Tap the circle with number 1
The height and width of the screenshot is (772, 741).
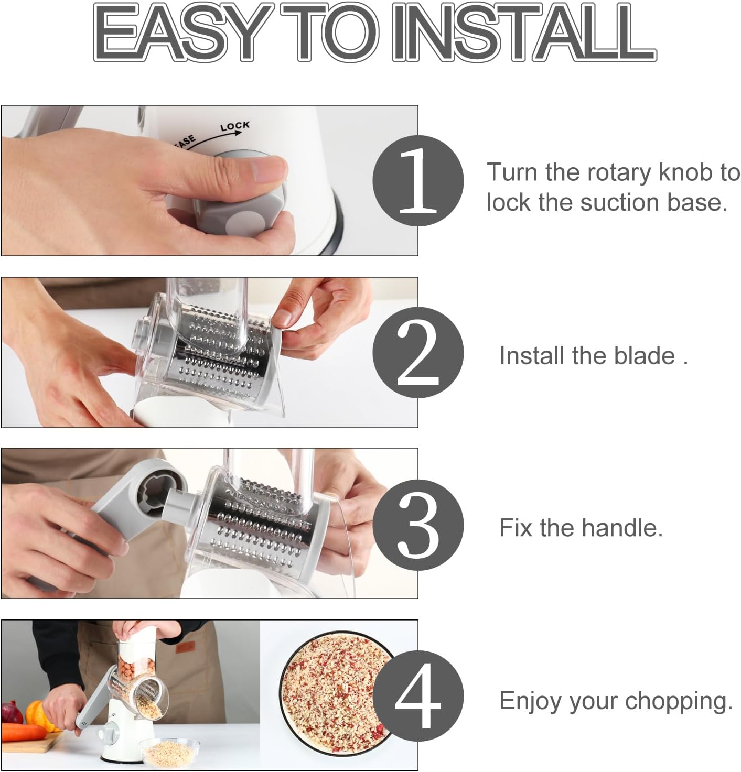click(418, 180)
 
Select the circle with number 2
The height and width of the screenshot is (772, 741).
click(418, 353)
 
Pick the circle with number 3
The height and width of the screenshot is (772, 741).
click(418, 525)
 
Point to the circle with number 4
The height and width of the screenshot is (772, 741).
click(418, 696)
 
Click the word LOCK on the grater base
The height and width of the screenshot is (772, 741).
click(234, 126)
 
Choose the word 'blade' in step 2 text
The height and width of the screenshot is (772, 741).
click(645, 356)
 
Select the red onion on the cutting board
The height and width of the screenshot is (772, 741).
click(12, 713)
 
